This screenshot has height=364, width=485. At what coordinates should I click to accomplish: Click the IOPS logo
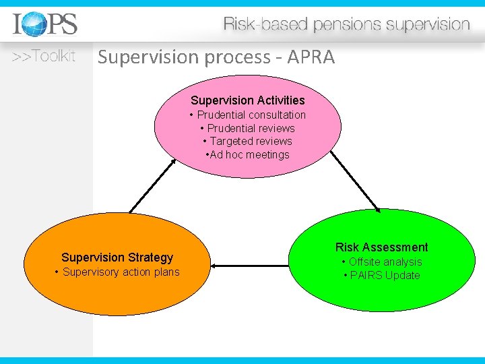point(45,25)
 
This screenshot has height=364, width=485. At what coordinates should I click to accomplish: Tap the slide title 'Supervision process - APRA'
point(216,57)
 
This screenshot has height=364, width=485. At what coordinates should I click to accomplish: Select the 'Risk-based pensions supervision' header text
point(346,25)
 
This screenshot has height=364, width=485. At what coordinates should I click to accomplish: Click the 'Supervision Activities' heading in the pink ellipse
point(248,100)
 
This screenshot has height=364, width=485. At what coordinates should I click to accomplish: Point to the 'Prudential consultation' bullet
point(251,115)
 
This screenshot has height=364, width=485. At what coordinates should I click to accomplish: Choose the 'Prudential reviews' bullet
point(251,128)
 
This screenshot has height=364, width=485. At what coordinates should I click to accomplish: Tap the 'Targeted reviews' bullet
point(251,141)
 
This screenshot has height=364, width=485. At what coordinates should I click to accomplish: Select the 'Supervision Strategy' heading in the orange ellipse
point(117,257)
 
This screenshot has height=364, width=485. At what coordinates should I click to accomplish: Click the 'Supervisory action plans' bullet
point(117,272)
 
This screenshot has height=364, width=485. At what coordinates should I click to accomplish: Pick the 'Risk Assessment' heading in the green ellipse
point(381,247)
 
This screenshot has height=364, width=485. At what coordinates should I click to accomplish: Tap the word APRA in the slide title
point(311,57)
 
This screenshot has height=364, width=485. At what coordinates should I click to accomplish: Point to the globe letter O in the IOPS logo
point(32,26)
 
